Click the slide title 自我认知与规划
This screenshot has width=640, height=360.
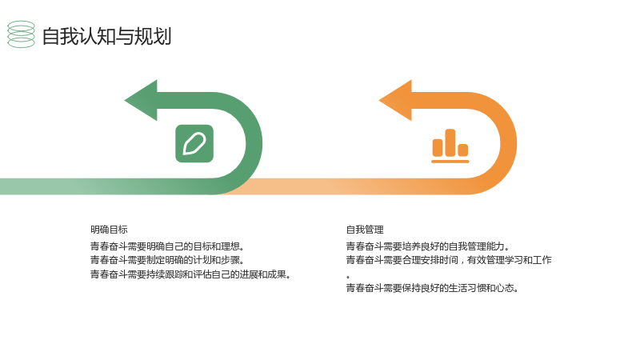tap(106, 36)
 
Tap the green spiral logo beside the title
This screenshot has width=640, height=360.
tap(22, 34)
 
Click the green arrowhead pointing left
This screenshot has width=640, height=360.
tap(141, 101)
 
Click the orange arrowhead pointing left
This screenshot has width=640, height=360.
tap(395, 101)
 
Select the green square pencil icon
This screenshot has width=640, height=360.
tap(194, 144)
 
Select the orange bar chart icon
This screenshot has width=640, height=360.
tap(450, 146)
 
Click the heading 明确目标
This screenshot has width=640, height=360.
tap(109, 230)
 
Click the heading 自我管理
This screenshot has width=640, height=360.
tap(365, 230)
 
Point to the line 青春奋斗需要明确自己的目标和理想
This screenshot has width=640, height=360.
tap(167, 246)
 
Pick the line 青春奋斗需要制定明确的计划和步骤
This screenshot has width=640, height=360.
tap(167, 260)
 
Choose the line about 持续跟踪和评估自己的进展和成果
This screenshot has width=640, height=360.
tap(190, 274)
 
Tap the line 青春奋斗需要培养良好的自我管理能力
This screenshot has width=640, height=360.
tap(428, 246)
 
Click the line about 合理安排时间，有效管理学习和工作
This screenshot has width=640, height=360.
tap(449, 260)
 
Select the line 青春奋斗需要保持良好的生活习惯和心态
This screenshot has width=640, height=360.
tap(433, 288)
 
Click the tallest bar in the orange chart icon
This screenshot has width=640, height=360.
tap(450, 143)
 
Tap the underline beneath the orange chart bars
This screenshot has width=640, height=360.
tap(450, 162)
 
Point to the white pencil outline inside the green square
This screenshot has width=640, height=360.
tap(194, 144)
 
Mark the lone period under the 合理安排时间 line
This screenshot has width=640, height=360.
tap(348, 277)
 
